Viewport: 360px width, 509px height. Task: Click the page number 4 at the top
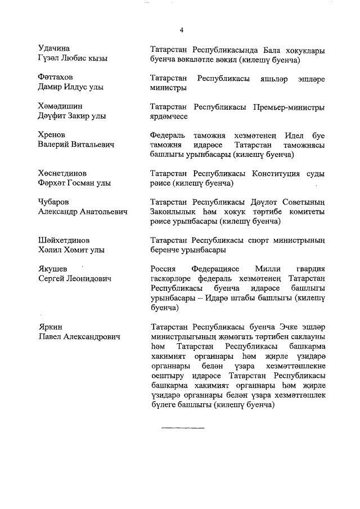182,30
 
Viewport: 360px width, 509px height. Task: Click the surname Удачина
54,48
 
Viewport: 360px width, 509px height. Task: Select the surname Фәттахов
56,77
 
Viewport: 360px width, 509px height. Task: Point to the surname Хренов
52,135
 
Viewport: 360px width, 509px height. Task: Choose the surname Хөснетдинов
62,173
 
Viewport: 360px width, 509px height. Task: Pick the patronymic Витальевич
91,145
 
